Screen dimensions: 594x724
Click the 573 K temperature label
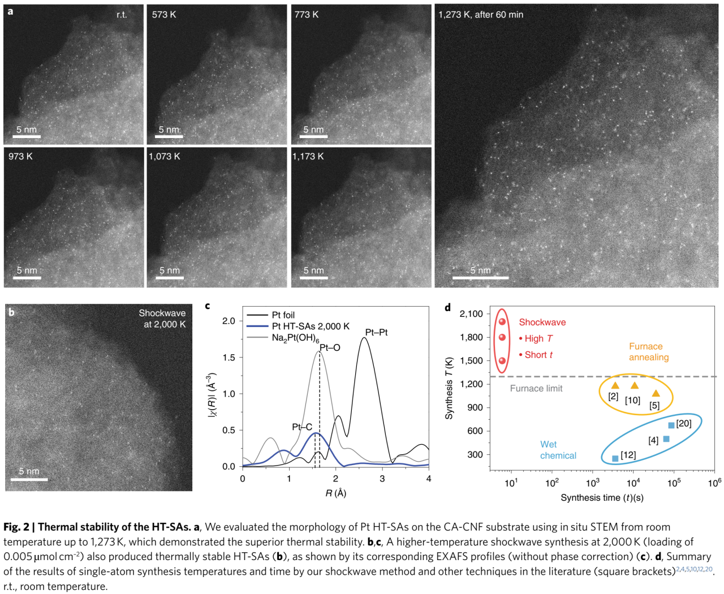[x=164, y=15]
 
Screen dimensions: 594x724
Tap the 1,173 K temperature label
[x=308, y=156]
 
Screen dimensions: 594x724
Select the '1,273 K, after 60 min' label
[x=481, y=15]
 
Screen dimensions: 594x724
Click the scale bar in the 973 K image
[x=26, y=277]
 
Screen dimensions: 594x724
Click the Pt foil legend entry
[x=283, y=315]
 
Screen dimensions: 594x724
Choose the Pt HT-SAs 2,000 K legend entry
[x=311, y=326]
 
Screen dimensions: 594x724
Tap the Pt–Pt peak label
[x=376, y=332]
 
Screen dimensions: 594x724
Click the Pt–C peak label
[x=302, y=427]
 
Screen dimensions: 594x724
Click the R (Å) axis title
[x=335, y=493]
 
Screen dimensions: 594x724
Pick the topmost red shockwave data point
[x=502, y=322]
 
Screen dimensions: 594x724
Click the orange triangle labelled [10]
[x=635, y=386]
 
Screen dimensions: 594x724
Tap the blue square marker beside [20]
[x=671, y=425]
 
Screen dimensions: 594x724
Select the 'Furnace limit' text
[x=536, y=388]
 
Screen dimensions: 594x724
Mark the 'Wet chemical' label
[x=558, y=450]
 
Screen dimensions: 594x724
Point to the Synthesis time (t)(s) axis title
[x=602, y=498]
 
